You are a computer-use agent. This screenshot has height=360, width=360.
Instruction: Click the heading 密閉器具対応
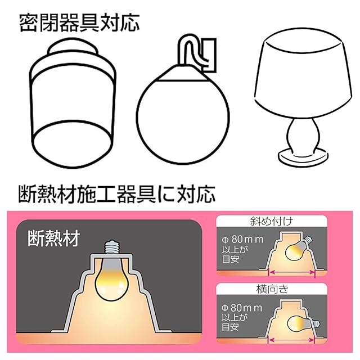[x=79, y=23]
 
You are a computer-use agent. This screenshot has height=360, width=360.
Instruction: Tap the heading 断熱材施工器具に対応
[x=116, y=194]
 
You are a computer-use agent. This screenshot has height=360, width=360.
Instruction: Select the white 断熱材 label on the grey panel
[x=54, y=238]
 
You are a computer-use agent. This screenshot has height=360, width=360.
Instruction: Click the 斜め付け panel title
[x=271, y=221]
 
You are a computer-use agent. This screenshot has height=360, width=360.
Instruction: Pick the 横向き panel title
[x=272, y=289]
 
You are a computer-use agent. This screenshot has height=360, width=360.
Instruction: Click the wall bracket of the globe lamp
[x=209, y=55]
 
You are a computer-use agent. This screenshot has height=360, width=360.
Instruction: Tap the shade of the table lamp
[x=303, y=75]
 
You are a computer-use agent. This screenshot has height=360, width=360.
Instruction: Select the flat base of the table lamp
[x=303, y=159]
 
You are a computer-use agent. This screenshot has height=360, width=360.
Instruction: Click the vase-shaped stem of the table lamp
[x=303, y=136]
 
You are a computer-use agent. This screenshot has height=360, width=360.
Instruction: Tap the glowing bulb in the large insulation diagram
[x=112, y=278]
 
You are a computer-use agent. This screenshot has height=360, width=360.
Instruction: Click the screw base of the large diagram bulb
[x=112, y=247]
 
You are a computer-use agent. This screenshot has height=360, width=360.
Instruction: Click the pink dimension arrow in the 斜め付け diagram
[x=292, y=272]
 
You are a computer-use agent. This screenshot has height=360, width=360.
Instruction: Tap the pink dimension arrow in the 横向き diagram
[x=291, y=340]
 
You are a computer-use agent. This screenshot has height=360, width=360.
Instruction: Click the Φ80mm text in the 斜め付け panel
[x=242, y=240]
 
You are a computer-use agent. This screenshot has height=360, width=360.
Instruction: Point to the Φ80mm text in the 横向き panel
[x=242, y=308]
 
